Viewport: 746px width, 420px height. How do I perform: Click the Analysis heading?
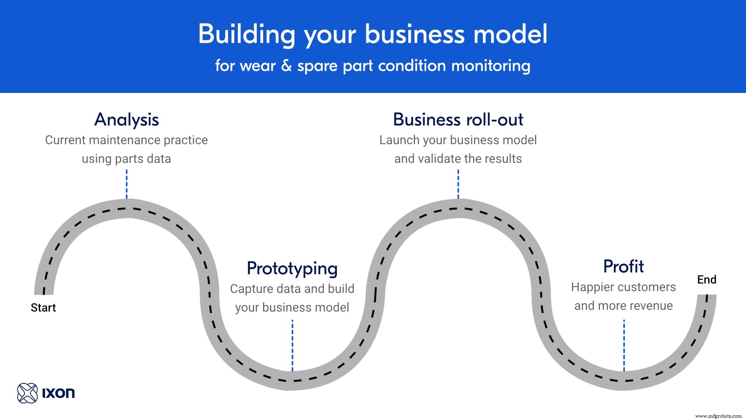tap(127, 119)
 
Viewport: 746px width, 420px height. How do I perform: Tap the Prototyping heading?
tap(292, 268)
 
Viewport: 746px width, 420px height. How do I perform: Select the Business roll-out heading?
tap(458, 119)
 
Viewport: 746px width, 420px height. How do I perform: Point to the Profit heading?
tap(623, 266)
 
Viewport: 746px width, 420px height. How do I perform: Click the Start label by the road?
tap(43, 308)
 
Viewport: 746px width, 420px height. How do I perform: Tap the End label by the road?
tap(706, 280)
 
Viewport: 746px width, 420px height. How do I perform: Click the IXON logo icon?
tap(27, 393)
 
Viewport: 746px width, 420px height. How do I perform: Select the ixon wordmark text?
tap(58, 393)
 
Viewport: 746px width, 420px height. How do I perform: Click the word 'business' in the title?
tap(415, 34)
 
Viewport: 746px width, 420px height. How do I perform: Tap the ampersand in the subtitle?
tap(286, 65)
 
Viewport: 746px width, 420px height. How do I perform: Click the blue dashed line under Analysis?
tap(127, 184)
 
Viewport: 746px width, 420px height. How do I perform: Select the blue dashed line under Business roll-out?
tap(458, 184)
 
